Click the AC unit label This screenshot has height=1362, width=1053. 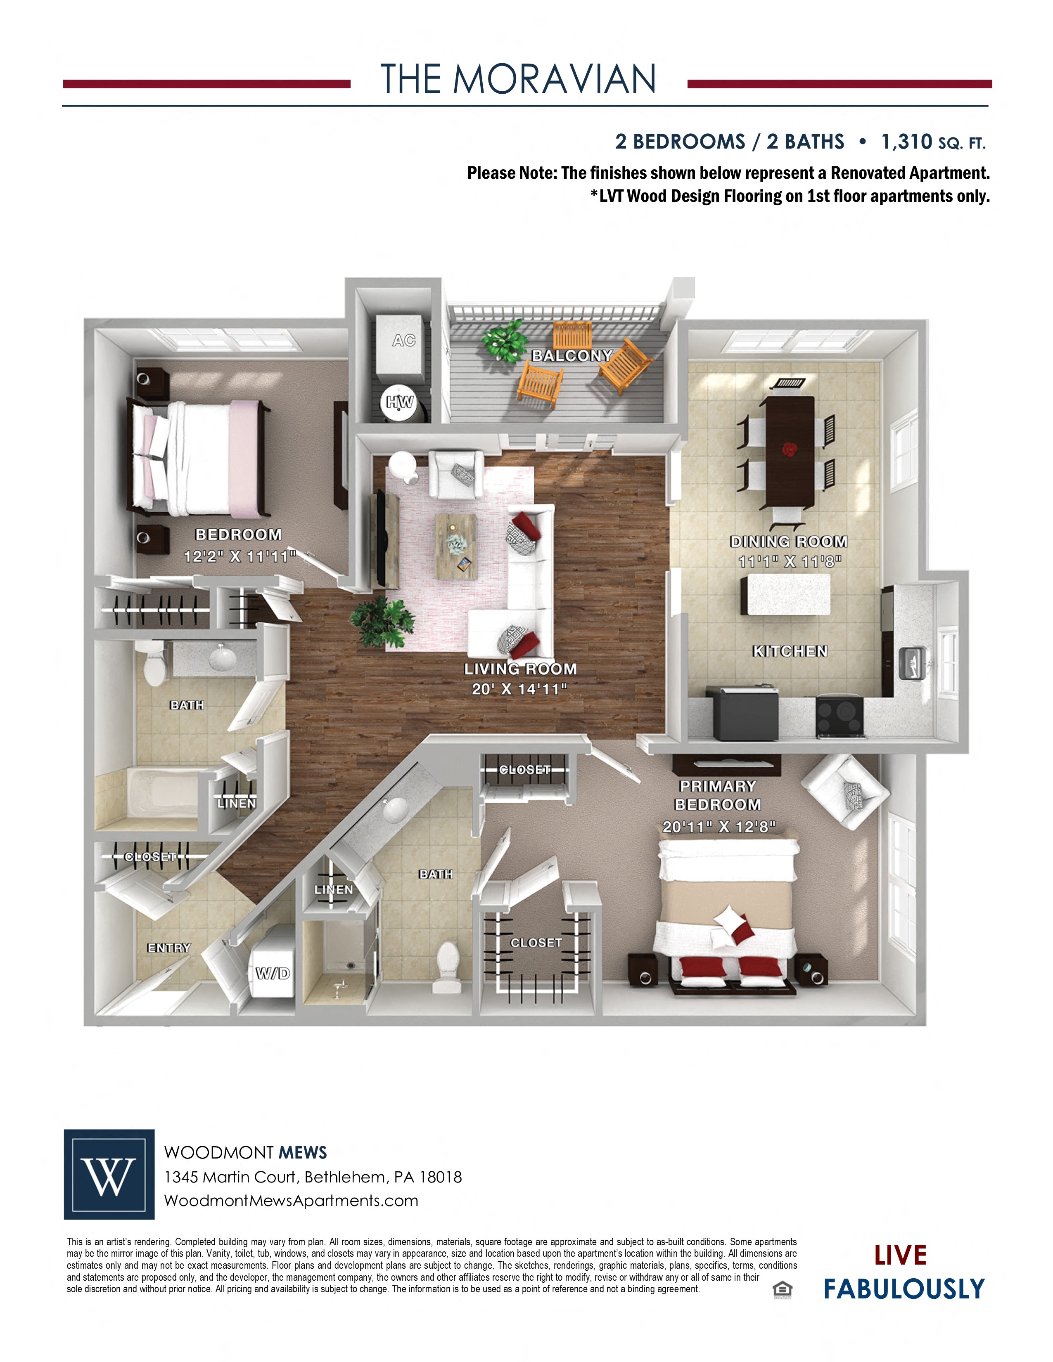point(403,340)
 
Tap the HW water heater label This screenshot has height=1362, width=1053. point(399,402)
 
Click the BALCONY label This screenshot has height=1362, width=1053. point(572,355)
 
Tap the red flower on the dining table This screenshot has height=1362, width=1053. point(790,448)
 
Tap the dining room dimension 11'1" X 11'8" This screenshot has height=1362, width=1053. point(789,561)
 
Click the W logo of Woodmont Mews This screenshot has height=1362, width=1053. point(109,1174)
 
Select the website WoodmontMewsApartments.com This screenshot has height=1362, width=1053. point(291,1201)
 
